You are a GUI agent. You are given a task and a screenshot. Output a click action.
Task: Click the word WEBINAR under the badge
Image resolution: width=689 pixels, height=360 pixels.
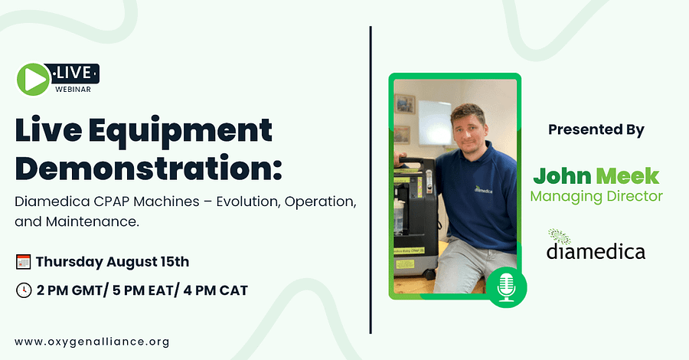pyautogui.click(x=73, y=89)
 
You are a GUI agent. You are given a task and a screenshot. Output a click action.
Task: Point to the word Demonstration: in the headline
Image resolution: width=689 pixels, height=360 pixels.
pyautogui.click(x=149, y=169)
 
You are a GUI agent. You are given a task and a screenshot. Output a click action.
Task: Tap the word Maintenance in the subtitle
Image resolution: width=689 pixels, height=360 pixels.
pyautogui.click(x=93, y=221)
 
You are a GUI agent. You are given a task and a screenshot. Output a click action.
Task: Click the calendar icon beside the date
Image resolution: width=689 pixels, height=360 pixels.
pyautogui.click(x=23, y=261)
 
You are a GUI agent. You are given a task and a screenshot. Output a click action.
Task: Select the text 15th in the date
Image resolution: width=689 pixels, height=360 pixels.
pyautogui.click(x=175, y=261)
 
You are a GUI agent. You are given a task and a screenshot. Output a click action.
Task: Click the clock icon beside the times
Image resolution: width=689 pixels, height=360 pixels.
pyautogui.click(x=23, y=290)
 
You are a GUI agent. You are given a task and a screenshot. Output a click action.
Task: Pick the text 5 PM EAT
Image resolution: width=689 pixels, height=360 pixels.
pyautogui.click(x=143, y=290)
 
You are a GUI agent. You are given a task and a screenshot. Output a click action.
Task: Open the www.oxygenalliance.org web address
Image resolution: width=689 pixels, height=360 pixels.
pyautogui.click(x=92, y=342)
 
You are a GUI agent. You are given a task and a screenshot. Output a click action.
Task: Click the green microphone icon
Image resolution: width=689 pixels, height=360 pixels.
pyautogui.click(x=506, y=287)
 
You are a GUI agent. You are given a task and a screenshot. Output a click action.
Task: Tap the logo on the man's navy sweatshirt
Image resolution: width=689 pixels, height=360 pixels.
pyautogui.click(x=483, y=189)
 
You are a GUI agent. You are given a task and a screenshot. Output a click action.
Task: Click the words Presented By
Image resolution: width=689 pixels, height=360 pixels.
pyautogui.click(x=596, y=129)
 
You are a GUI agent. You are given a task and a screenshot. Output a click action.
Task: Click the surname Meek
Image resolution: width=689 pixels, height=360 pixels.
pyautogui.click(x=628, y=176)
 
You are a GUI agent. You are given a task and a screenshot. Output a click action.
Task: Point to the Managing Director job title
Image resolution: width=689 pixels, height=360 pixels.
pyautogui.click(x=596, y=196)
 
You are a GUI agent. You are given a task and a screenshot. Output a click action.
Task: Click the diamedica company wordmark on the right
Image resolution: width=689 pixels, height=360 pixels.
pyautogui.click(x=596, y=251)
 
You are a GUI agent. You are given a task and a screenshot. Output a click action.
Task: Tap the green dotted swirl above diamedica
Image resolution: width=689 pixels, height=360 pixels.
pyautogui.click(x=559, y=236)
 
